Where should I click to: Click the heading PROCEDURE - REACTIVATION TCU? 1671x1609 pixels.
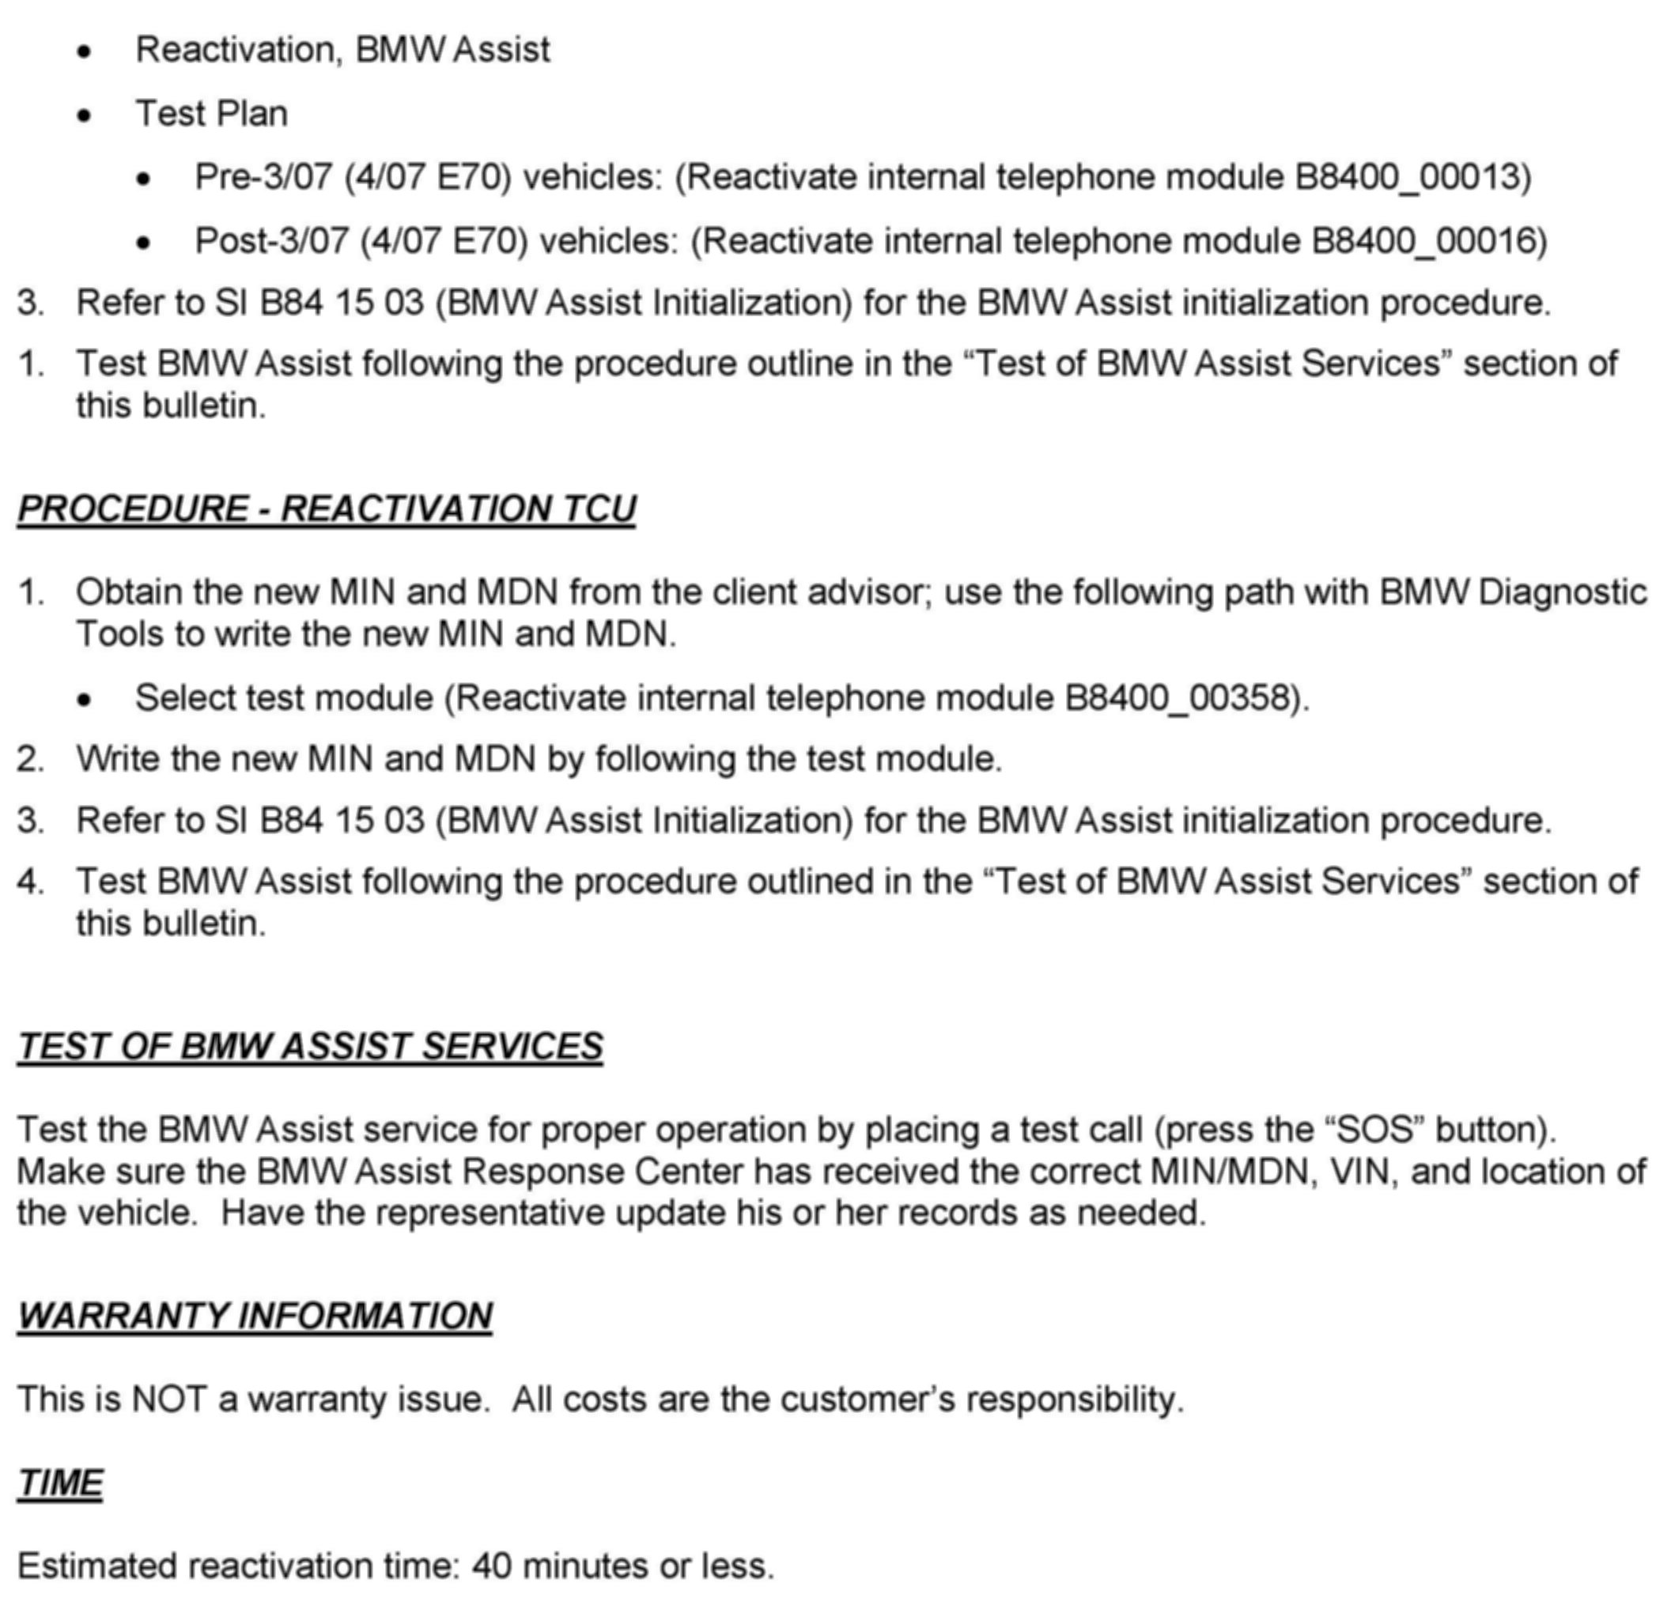tap(327, 508)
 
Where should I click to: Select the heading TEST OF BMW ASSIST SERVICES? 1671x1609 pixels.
tap(310, 1046)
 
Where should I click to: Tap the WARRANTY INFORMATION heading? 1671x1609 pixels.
tap(255, 1315)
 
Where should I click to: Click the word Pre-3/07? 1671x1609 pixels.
tap(263, 177)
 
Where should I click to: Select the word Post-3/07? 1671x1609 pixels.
tap(272, 241)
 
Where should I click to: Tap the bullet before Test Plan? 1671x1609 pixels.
tap(84, 115)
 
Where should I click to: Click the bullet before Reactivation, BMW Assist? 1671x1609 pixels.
tap(84, 52)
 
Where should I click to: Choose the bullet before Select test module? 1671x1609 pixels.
tap(84, 700)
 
